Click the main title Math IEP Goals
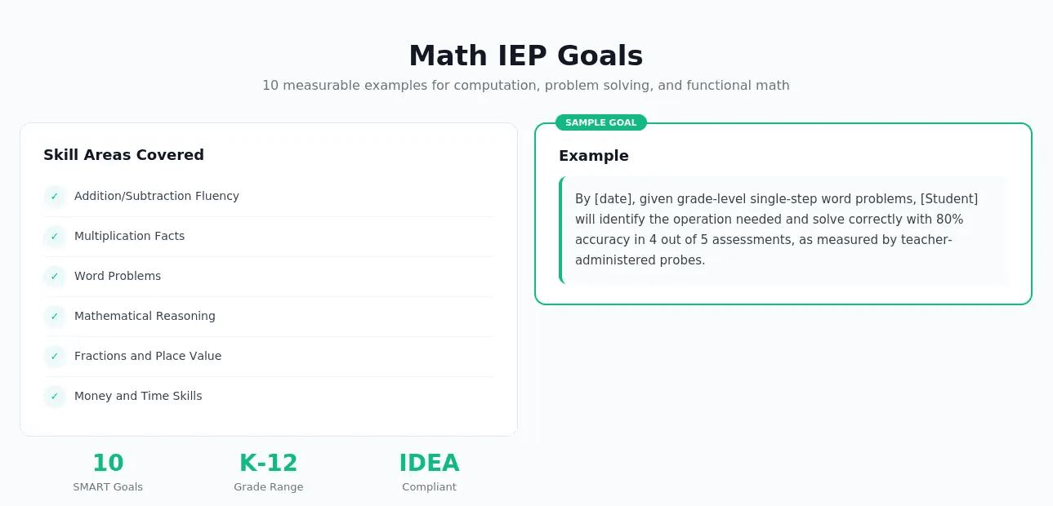pos(526,55)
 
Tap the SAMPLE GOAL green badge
pos(600,122)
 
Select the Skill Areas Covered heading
pos(123,155)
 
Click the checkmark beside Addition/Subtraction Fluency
pos(55,197)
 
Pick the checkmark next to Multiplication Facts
pos(55,237)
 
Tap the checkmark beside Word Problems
pos(55,277)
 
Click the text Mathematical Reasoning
pos(145,316)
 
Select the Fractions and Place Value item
pos(148,356)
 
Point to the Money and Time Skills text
pos(138,396)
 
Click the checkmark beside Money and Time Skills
pos(55,397)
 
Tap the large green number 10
pos(108,463)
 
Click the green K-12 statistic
pos(268,463)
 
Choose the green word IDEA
pos(429,463)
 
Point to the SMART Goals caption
pos(108,487)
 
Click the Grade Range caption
pos(268,487)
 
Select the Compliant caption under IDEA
pos(429,487)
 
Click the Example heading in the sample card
pos(594,156)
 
